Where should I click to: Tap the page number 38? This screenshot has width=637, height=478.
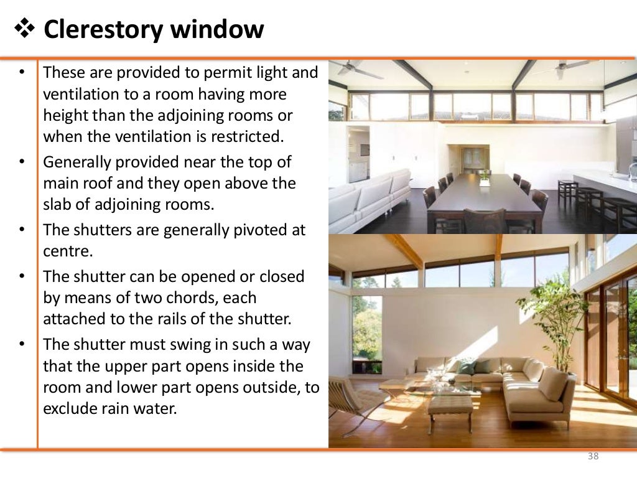pyautogui.click(x=593, y=457)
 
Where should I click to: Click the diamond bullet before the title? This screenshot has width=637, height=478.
pyautogui.click(x=25, y=29)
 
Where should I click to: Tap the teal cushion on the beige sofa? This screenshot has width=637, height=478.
pyautogui.click(x=465, y=367)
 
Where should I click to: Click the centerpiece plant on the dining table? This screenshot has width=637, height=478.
pyautogui.click(x=484, y=178)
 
